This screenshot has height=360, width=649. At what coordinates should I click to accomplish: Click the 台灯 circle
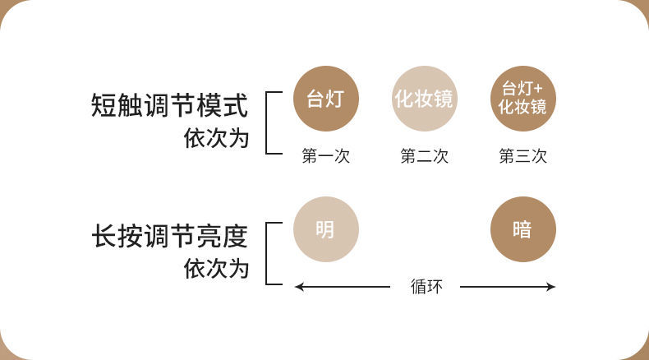tap(325, 99)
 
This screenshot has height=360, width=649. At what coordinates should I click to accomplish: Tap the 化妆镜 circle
tap(424, 99)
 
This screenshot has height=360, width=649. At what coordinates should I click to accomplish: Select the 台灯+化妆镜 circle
tap(522, 99)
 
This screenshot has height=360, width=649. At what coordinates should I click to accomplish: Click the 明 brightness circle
tap(325, 229)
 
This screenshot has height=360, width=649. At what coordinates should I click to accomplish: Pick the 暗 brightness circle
tap(522, 229)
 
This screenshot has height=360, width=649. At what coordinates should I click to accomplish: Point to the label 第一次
tap(325, 156)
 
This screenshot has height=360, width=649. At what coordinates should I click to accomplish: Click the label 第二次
tap(424, 156)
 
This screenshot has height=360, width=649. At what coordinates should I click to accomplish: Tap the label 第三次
tap(522, 156)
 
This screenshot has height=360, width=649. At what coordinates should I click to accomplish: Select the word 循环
tap(426, 287)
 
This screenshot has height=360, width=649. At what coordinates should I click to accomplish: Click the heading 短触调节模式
tap(169, 106)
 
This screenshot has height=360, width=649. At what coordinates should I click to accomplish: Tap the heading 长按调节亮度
tap(169, 237)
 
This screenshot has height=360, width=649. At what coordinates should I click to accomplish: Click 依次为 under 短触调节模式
tap(215, 137)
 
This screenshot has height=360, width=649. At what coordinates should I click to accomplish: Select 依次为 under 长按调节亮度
tap(215, 268)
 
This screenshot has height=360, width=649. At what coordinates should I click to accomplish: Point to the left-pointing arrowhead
tap(299, 287)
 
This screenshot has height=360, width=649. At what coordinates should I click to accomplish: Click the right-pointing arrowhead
tap(551, 287)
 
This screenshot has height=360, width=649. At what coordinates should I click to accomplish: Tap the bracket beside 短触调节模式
tap(268, 121)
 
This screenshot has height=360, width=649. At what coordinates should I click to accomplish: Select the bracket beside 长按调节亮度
tap(268, 252)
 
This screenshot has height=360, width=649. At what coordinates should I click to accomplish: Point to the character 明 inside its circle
tap(325, 229)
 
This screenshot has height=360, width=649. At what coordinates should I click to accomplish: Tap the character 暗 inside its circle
tap(522, 229)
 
